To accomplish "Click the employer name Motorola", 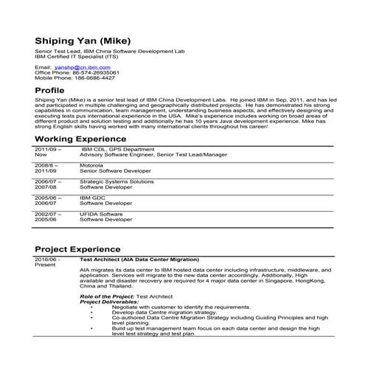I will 92,167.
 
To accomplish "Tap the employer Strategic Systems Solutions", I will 117,181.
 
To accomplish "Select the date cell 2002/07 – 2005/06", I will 47,215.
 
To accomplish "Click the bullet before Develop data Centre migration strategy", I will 91,312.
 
